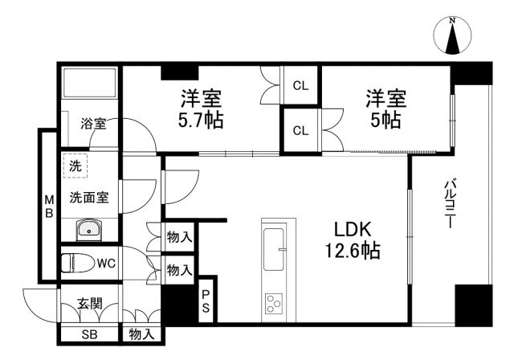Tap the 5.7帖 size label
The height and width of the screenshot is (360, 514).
point(201,121)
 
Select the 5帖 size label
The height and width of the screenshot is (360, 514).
point(385,121)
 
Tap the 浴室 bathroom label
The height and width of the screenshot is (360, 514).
point(92,125)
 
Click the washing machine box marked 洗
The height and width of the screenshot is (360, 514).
point(75,168)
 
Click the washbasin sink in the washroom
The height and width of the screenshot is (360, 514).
point(88,231)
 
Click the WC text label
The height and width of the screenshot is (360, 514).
point(106,263)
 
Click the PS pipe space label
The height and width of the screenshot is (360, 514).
point(206,301)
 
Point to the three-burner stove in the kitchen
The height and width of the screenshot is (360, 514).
point(273,305)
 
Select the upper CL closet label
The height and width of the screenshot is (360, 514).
point(300,84)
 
